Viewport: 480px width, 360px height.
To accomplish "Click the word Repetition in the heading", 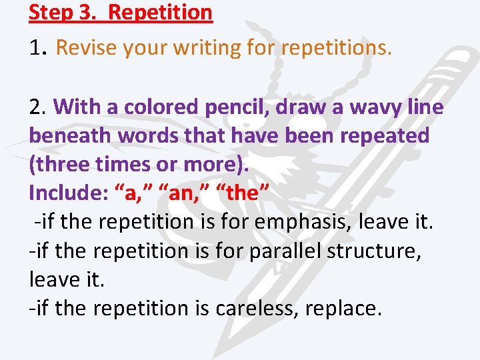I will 160,12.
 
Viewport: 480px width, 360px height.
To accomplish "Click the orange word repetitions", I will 336,48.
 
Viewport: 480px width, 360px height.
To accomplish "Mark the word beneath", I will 70,135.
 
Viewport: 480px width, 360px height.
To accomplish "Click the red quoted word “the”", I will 240,193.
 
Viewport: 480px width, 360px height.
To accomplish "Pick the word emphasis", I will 313,222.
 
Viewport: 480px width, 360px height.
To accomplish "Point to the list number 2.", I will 36,107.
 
